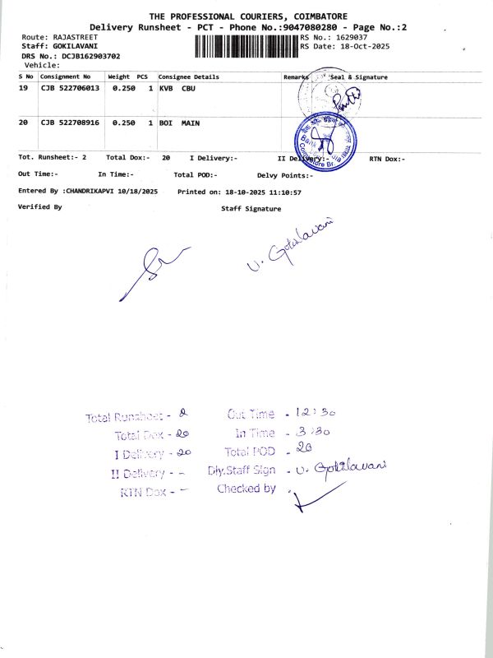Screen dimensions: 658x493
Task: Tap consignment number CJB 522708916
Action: click(x=70, y=123)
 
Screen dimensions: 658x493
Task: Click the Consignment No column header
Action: click(x=66, y=76)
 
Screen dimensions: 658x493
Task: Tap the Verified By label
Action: click(x=39, y=207)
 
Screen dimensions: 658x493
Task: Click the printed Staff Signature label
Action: click(x=251, y=209)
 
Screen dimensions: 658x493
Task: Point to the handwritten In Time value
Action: click(x=297, y=431)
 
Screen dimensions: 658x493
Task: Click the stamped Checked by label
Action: click(x=246, y=489)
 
